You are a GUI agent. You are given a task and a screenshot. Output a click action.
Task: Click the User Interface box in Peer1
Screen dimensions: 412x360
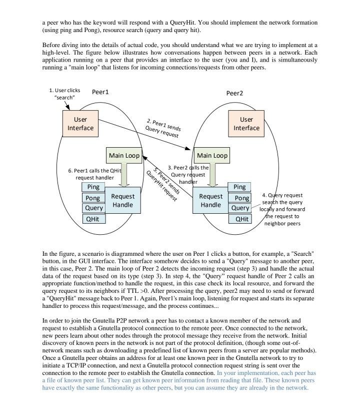(80, 124)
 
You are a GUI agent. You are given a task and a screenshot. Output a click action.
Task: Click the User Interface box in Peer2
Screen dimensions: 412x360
(246, 124)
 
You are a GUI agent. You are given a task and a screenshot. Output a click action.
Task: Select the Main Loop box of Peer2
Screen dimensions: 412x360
(212, 156)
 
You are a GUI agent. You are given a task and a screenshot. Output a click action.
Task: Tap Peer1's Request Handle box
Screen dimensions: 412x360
(123, 200)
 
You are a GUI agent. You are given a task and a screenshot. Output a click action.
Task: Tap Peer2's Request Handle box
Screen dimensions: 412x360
(210, 200)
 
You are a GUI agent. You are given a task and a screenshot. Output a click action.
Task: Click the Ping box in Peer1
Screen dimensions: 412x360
(93, 187)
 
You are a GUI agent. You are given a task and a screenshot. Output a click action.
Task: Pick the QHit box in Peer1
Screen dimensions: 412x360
(93, 219)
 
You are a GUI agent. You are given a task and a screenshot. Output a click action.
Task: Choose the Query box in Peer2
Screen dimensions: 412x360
(240, 208)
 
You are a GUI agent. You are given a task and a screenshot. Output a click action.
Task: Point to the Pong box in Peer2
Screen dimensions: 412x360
(240, 198)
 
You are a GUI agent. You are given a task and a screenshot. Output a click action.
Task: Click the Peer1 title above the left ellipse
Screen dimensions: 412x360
(100, 92)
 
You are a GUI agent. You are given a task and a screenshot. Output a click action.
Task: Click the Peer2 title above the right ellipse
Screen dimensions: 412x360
(234, 93)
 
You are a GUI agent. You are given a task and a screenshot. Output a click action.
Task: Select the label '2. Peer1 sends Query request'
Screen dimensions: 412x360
(162, 128)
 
